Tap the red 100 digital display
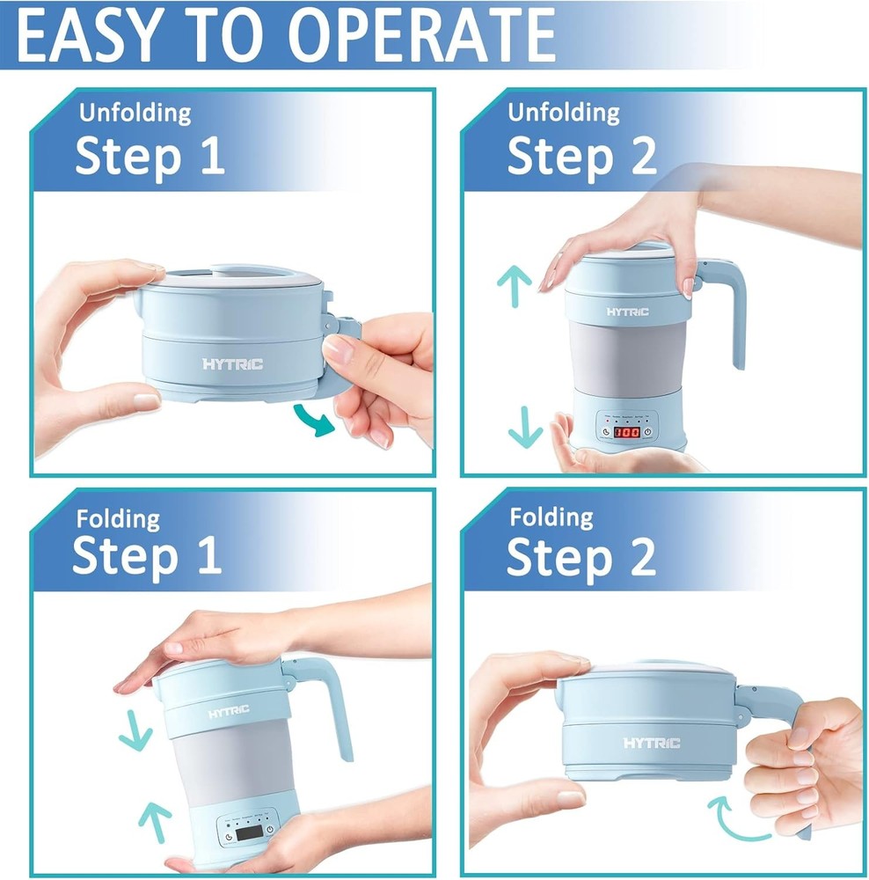[627, 432]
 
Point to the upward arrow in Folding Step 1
[155, 820]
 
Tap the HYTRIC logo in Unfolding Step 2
[627, 312]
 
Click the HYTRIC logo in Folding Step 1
[228, 711]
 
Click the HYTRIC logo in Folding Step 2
[652, 743]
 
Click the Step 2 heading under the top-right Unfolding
[581, 156]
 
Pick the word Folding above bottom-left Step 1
[118, 518]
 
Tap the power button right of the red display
[646, 431]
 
